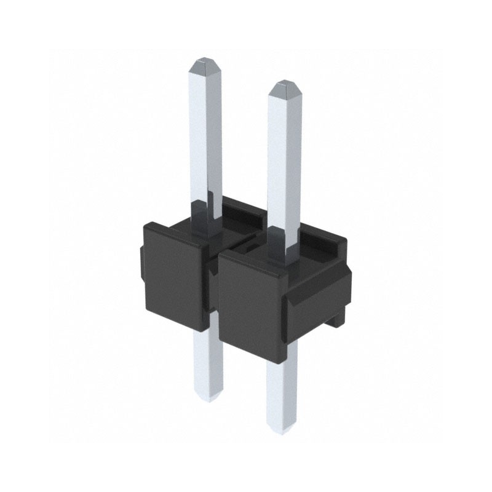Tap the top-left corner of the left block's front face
[145, 226]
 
